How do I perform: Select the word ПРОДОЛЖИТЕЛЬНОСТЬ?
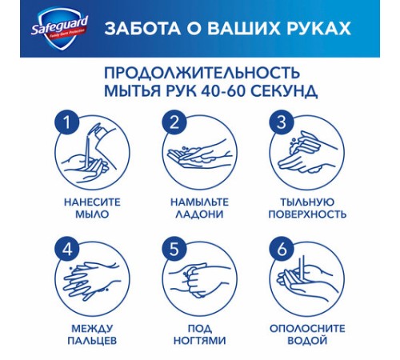(x=200, y=72)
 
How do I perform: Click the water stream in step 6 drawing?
(x=304, y=268)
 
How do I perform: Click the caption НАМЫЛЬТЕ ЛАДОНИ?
(x=200, y=208)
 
